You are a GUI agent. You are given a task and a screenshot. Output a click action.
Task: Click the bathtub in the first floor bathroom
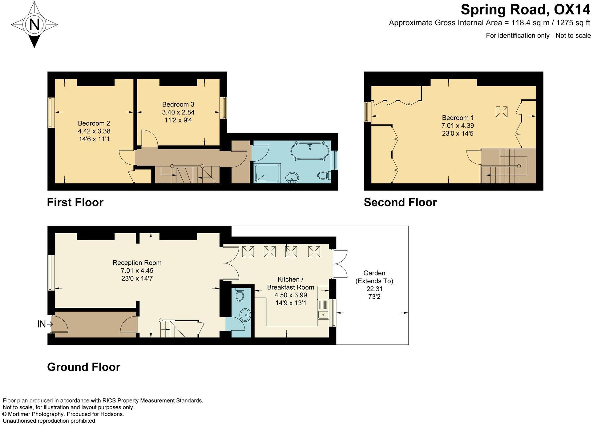[x=309, y=151]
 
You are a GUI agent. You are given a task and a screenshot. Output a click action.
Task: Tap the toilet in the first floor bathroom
[x=324, y=176]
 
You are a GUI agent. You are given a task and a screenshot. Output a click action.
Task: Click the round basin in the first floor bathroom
[x=292, y=177]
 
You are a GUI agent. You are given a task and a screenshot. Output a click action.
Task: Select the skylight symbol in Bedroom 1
[x=501, y=111]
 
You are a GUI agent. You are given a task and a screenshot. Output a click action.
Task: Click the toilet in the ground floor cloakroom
[x=240, y=295]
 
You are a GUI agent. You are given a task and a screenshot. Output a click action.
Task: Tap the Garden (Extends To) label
[x=374, y=277]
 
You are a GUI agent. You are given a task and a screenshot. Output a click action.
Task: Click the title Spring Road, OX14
[x=525, y=10]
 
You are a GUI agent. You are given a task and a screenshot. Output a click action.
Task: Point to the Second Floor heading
[x=400, y=202]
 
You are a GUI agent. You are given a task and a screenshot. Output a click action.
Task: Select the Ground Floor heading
[x=83, y=367]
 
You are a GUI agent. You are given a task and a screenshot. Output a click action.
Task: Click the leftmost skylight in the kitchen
[x=248, y=251]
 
